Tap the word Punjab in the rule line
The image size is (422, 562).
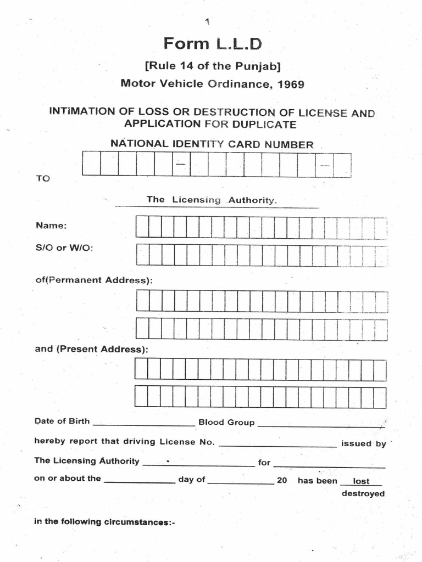[x=258, y=66]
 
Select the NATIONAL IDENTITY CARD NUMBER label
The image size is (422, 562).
[x=212, y=144]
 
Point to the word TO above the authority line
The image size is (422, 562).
[x=42, y=179]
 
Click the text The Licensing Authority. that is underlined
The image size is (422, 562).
[x=212, y=200]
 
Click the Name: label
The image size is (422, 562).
[x=51, y=226]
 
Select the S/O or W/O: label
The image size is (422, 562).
[x=64, y=248]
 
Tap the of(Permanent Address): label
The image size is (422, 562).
[x=93, y=280]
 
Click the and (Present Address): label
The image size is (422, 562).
[x=91, y=349]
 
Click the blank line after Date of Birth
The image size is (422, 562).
[x=144, y=424]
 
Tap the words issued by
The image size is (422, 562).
[x=363, y=443]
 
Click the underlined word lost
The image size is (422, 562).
[x=361, y=481]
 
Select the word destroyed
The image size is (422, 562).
[x=363, y=493]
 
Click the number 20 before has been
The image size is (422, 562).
[x=282, y=480]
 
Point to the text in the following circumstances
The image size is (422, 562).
[x=104, y=522]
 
